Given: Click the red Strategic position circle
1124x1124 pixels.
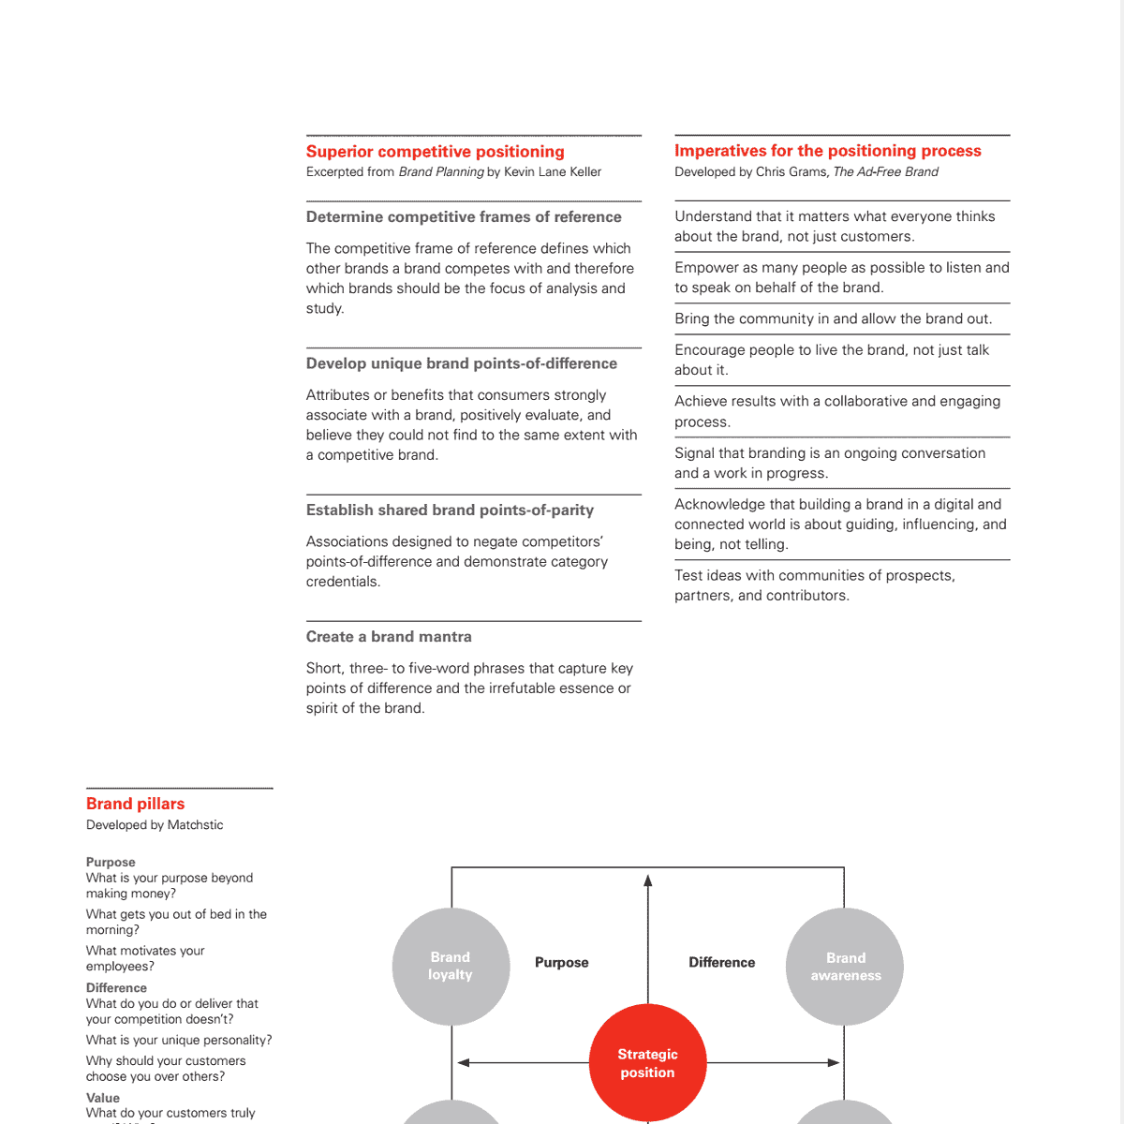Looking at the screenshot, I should pyautogui.click(x=647, y=1063).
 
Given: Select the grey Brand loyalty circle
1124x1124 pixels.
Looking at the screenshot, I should pyautogui.click(x=451, y=966).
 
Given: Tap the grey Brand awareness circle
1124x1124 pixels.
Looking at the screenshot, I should pyautogui.click(x=845, y=967).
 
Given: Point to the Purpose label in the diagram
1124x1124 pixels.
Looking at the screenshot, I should pyautogui.click(x=561, y=963).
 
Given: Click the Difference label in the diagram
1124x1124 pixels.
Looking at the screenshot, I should pyautogui.click(x=721, y=963).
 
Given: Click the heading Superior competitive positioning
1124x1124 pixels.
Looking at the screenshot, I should pyautogui.click(x=435, y=152).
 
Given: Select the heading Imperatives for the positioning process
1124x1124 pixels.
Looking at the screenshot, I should pyautogui.click(x=827, y=151).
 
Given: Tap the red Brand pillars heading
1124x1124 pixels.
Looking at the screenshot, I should pyautogui.click(x=135, y=804).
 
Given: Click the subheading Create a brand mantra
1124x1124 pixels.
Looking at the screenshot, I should pyautogui.click(x=389, y=637).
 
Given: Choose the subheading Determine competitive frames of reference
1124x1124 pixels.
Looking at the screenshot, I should pyautogui.click(x=464, y=217).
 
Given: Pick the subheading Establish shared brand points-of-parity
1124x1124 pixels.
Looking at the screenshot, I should pyautogui.click(x=450, y=510).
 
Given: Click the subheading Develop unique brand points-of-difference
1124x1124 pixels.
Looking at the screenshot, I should pyautogui.click(x=462, y=363).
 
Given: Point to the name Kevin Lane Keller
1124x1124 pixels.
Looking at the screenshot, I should pyautogui.click(x=553, y=172).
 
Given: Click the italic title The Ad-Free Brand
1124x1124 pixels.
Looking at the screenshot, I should pyautogui.click(x=885, y=172).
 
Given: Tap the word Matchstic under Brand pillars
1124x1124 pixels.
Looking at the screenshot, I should pyautogui.click(x=195, y=825).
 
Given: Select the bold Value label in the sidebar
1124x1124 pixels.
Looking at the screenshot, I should pyautogui.click(x=103, y=1098).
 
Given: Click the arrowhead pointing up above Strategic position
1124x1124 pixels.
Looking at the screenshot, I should pyautogui.click(x=647, y=880).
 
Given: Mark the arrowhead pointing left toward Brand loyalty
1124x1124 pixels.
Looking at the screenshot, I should pyautogui.click(x=464, y=1063).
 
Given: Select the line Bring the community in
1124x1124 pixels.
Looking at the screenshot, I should pyautogui.click(x=833, y=319).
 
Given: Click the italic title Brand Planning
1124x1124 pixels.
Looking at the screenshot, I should pyautogui.click(x=441, y=172).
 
